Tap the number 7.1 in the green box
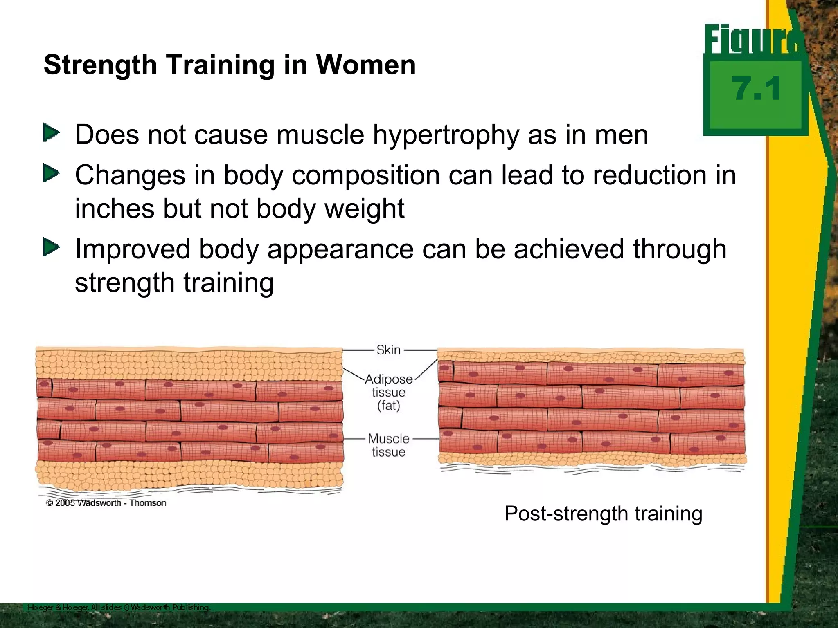click(x=756, y=89)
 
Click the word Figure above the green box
click(x=751, y=40)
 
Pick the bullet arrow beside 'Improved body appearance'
click(x=51, y=247)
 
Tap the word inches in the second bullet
click(x=115, y=209)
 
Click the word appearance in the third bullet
click(x=340, y=249)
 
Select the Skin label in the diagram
click(x=388, y=350)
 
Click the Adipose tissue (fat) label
click(x=388, y=392)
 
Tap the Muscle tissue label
click(x=388, y=445)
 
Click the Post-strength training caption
click(x=603, y=514)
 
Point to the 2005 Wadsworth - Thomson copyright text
click(x=106, y=503)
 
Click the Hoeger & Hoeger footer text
click(x=119, y=608)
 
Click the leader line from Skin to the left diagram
click(x=359, y=350)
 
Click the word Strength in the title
click(x=100, y=65)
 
